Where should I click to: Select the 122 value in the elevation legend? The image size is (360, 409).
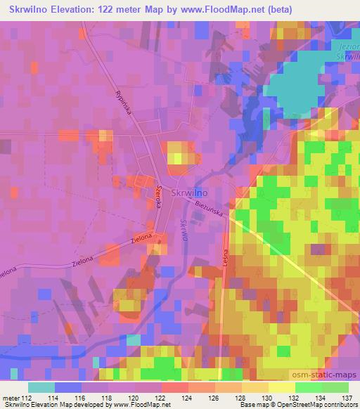pyautogui.click(x=162, y=397)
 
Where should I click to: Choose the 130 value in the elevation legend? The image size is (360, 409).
pyautogui.click(x=268, y=397)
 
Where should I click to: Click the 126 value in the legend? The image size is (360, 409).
pyautogui.click(x=215, y=397)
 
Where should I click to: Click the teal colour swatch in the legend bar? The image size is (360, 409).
pyautogui.click(x=41, y=387)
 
